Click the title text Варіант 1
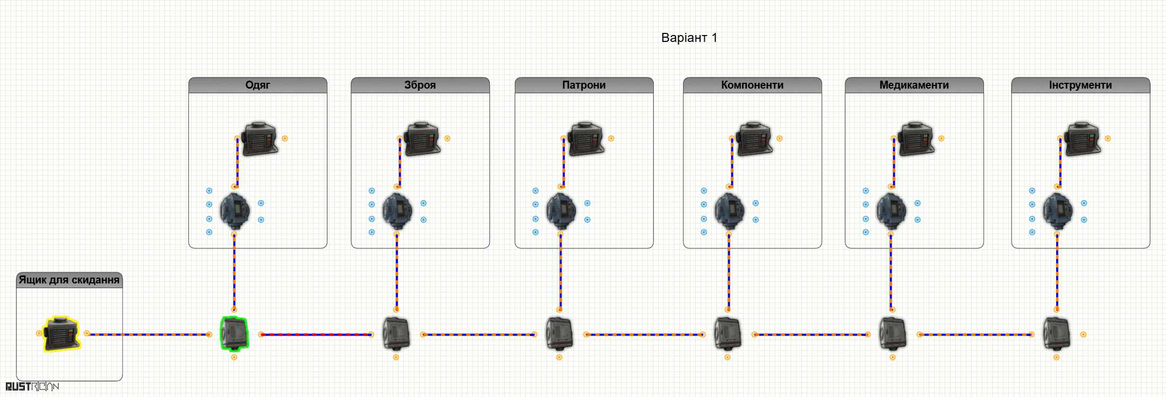tap(689, 38)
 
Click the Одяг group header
tap(258, 85)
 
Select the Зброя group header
tap(420, 85)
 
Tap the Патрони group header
tap(584, 85)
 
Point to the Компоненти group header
tap(752, 85)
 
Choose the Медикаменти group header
tap(914, 85)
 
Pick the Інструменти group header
tap(1081, 85)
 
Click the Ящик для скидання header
tap(70, 280)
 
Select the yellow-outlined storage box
tap(62, 334)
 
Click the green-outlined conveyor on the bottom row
tap(234, 333)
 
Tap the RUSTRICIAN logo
tap(32, 386)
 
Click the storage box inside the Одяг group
tap(260, 139)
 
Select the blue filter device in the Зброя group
tap(397, 211)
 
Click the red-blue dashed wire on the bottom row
tap(316, 334)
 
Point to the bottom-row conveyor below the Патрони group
tap(559, 334)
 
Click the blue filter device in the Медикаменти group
tap(891, 211)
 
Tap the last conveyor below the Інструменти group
tap(1057, 334)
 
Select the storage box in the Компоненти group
tap(754, 139)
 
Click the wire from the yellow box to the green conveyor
tap(148, 334)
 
